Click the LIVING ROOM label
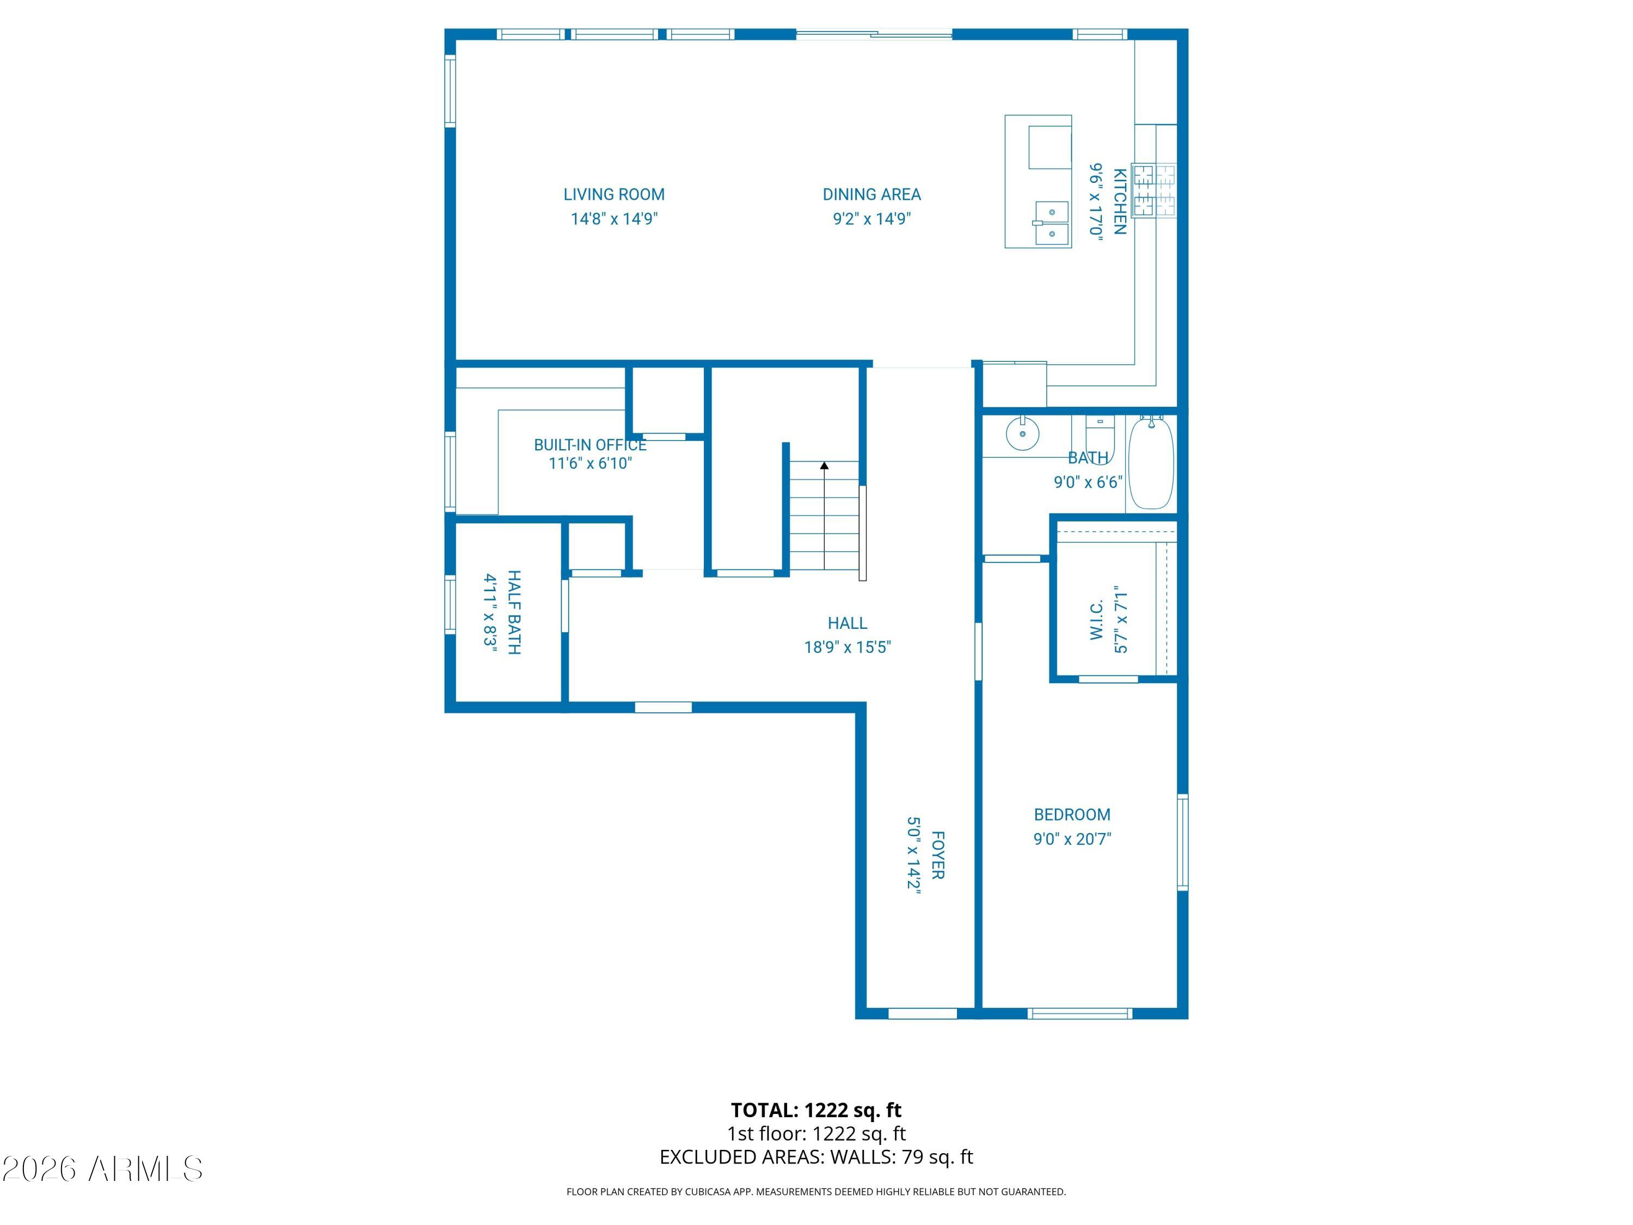613,194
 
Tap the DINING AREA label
872,194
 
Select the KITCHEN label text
1119,201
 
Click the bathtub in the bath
1151,462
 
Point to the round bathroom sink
1022,433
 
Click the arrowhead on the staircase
824,465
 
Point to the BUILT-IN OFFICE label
590,444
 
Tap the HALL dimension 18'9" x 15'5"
848,647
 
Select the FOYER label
937,855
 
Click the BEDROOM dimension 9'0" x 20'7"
1072,839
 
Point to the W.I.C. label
1096,619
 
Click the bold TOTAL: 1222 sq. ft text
816,1110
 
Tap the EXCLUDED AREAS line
816,1157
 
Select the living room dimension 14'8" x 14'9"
614,218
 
